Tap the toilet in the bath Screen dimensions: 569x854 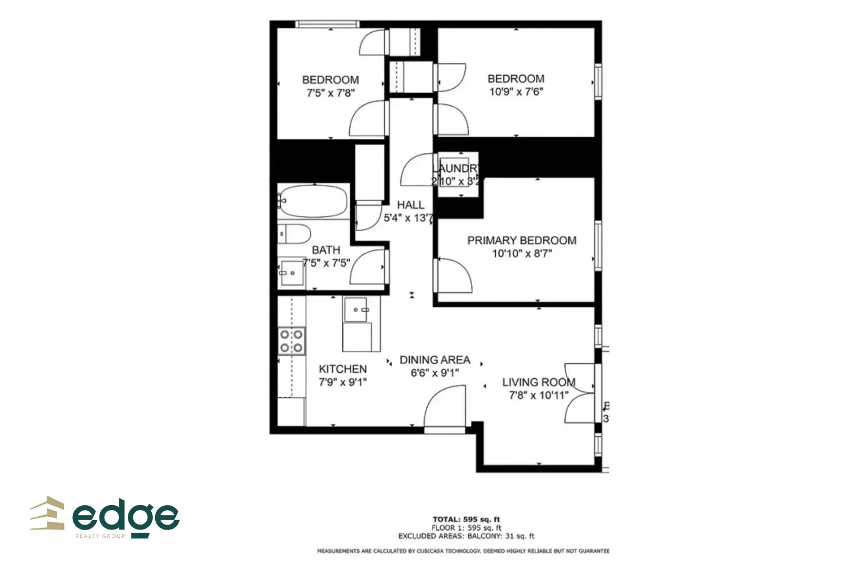[294, 234]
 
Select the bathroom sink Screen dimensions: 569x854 [291, 272]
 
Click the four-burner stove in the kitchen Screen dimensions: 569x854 [291, 341]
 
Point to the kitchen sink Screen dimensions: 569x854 [356, 310]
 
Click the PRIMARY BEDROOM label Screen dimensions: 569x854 [522, 241]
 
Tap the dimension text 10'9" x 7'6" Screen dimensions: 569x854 [516, 92]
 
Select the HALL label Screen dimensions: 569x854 [410, 205]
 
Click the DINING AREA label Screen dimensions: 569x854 [435, 360]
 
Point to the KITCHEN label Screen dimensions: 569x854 [342, 369]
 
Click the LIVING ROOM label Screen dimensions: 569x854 [538, 382]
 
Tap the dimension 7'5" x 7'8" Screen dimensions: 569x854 [330, 93]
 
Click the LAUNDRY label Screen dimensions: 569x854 [455, 168]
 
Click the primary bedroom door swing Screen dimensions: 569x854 [453, 275]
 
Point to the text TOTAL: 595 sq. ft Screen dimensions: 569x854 [466, 520]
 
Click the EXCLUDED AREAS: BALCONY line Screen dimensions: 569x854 [466, 536]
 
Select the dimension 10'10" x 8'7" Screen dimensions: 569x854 [522, 254]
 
